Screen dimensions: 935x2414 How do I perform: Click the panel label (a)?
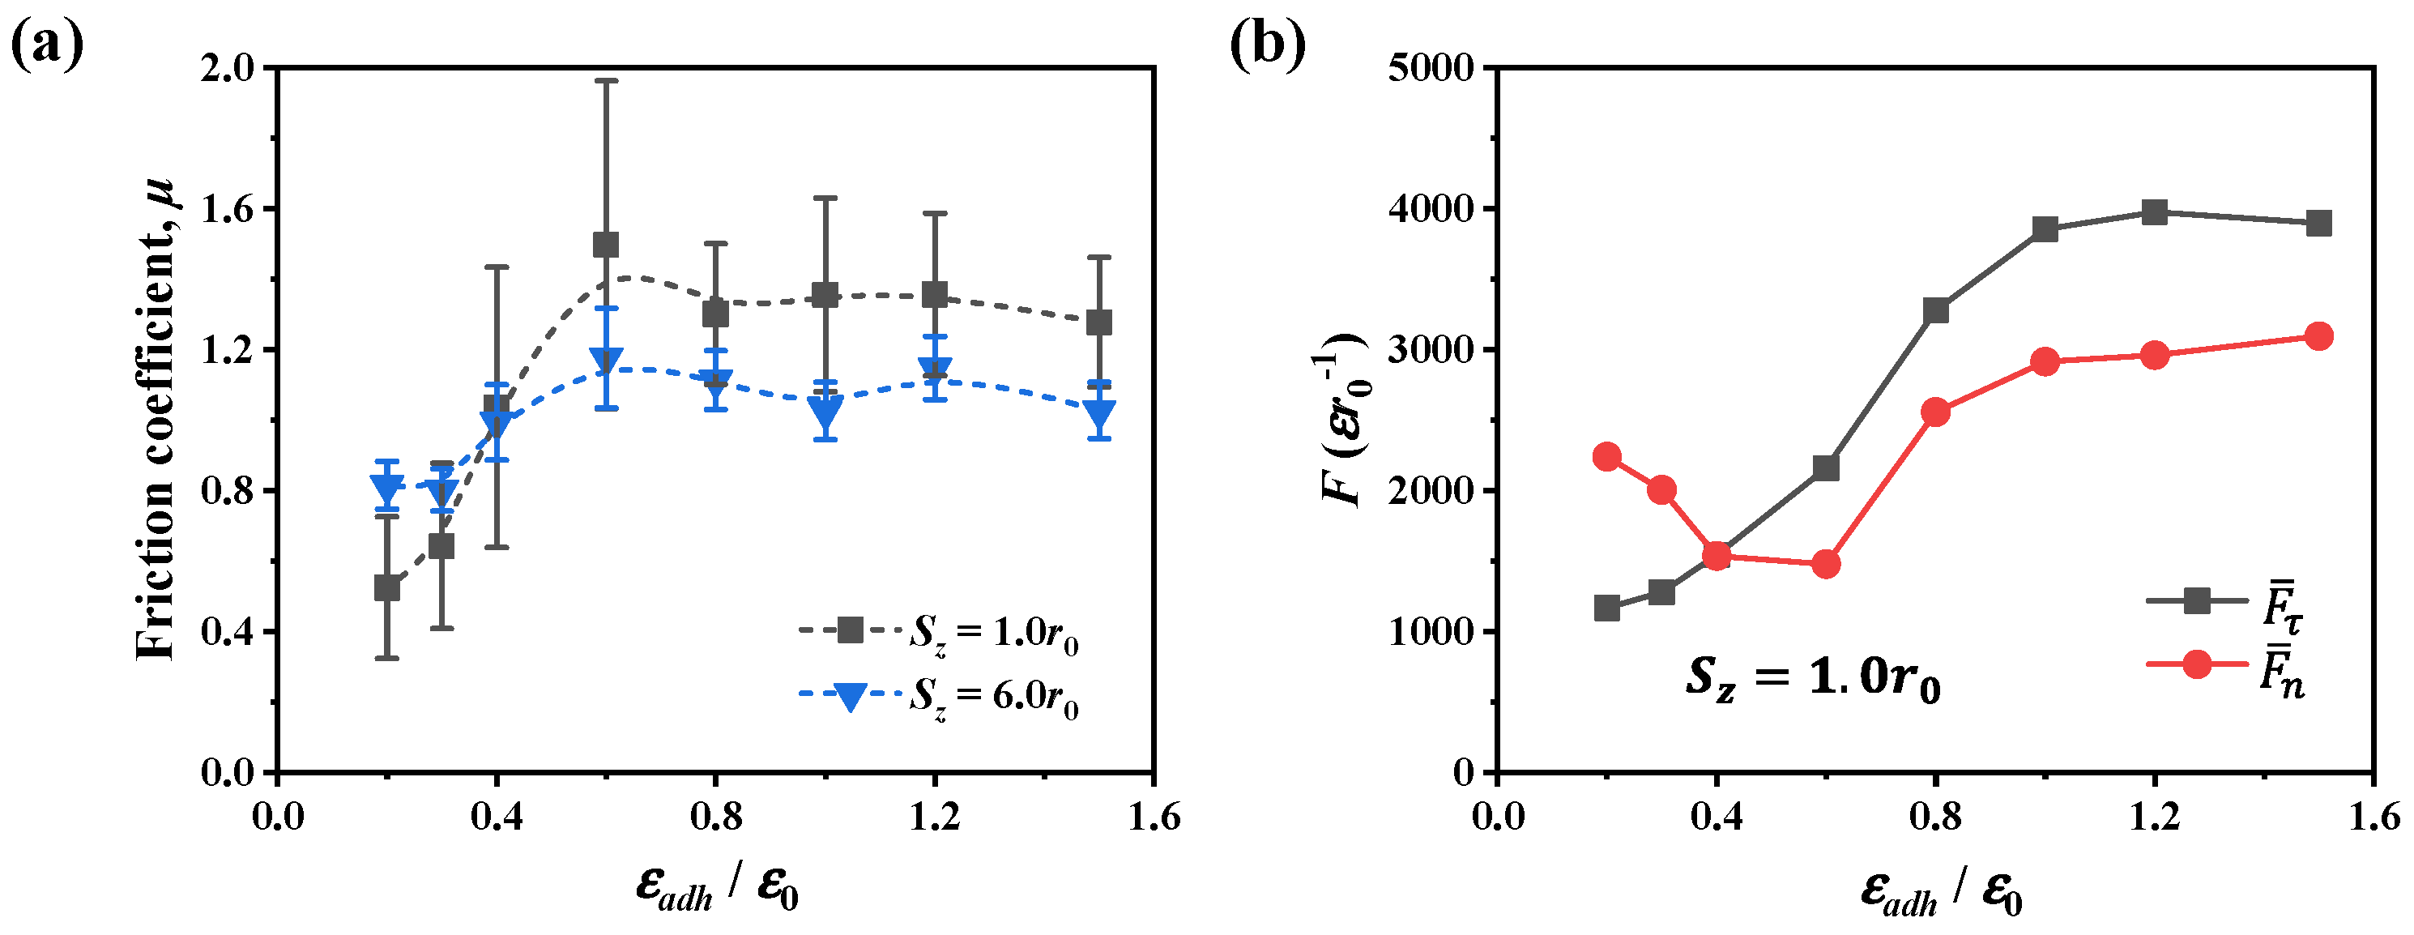[47, 44]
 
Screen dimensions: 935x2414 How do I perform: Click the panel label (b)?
[1267, 44]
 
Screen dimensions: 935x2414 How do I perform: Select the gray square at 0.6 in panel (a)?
[606, 245]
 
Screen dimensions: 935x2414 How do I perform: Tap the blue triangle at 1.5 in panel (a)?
[1099, 413]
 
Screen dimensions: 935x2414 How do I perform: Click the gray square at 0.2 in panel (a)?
[387, 588]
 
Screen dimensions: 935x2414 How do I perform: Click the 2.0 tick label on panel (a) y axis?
[228, 68]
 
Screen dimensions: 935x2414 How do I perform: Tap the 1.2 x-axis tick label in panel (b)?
[2155, 817]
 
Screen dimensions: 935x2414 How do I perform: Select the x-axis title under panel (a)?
[717, 886]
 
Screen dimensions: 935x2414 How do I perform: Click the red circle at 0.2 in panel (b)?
[1607, 457]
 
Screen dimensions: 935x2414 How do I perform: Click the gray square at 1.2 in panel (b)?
[2155, 212]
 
